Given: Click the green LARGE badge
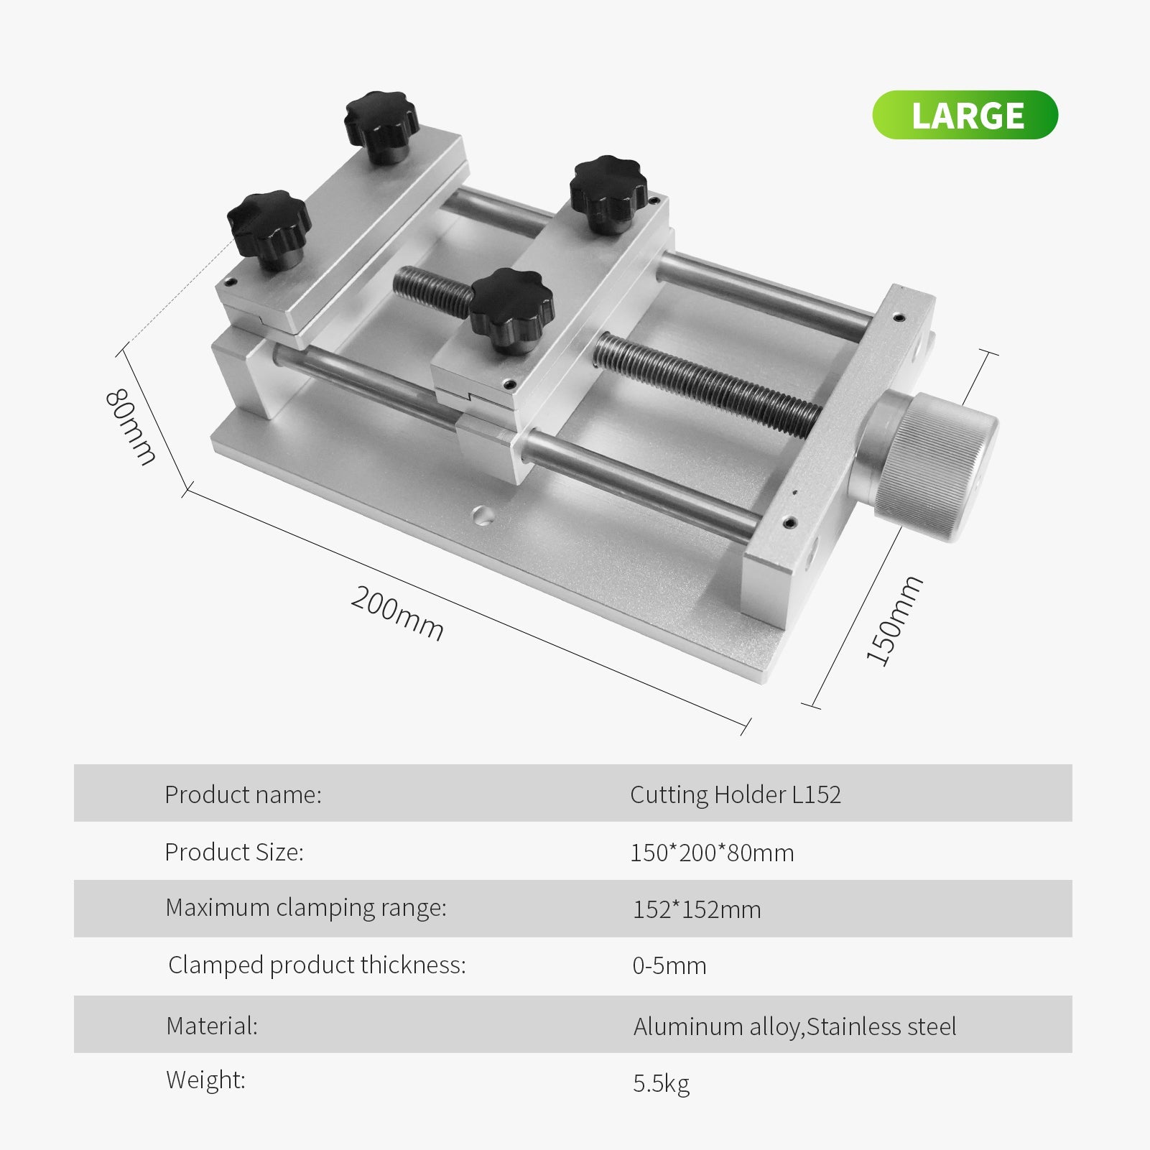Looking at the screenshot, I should point(965,115).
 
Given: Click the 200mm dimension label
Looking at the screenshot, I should point(397,613).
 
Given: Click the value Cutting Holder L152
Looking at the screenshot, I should point(735,794).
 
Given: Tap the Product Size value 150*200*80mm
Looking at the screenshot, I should point(712,853).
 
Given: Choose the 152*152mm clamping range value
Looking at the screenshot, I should point(696,909).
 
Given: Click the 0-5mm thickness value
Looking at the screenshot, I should point(669,966).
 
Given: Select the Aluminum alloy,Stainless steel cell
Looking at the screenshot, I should point(794,1026).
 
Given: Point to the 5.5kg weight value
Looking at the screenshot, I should point(661,1083).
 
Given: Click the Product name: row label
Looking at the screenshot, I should point(243,794).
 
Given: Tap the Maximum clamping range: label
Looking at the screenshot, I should point(306,908).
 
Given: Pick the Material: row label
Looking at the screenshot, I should point(212,1026).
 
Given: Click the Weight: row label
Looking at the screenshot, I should point(205,1080).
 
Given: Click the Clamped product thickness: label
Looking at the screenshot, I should point(317,965).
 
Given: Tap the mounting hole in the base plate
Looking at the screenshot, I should point(482,514).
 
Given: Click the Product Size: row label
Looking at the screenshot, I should point(234,852).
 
